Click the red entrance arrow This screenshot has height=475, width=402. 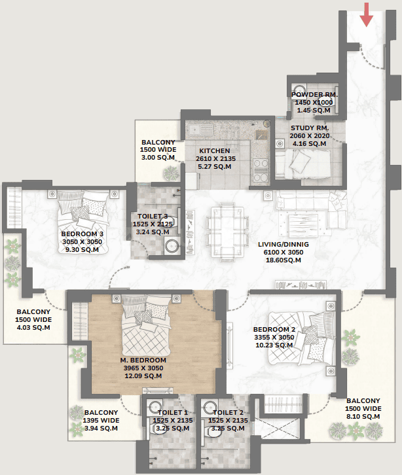pyautogui.click(x=367, y=14)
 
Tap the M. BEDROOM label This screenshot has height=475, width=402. pyautogui.click(x=143, y=361)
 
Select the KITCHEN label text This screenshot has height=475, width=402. pyautogui.click(x=214, y=150)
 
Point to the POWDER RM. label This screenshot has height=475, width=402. pyautogui.click(x=314, y=94)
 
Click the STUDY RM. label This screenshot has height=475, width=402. pyautogui.click(x=310, y=128)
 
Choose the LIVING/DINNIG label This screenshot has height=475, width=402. pyautogui.click(x=283, y=244)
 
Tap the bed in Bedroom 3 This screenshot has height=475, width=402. pyautogui.click(x=82, y=222)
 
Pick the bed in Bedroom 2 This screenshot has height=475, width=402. pyautogui.click(x=301, y=338)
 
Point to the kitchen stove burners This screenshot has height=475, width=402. pyautogui.click(x=261, y=171)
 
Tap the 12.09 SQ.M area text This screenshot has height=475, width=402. pyautogui.click(x=143, y=376)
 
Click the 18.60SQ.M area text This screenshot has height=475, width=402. pyautogui.click(x=283, y=260)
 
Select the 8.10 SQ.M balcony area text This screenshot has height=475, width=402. pyautogui.click(x=363, y=417)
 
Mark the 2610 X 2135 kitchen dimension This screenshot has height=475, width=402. pyautogui.click(x=215, y=158)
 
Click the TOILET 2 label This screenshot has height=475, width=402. pyautogui.click(x=228, y=413)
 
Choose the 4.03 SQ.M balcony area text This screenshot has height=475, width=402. pyautogui.click(x=33, y=328)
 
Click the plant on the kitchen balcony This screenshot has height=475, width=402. pyautogui.click(x=171, y=173)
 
